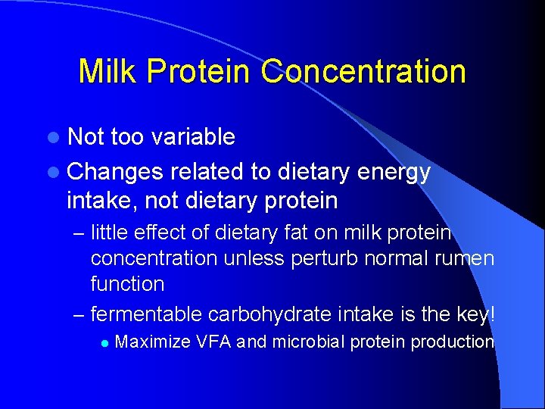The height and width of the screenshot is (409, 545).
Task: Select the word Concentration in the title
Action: (x=363, y=71)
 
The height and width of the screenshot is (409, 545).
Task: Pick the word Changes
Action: (x=114, y=172)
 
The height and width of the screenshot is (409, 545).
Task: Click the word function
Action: (x=127, y=284)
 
